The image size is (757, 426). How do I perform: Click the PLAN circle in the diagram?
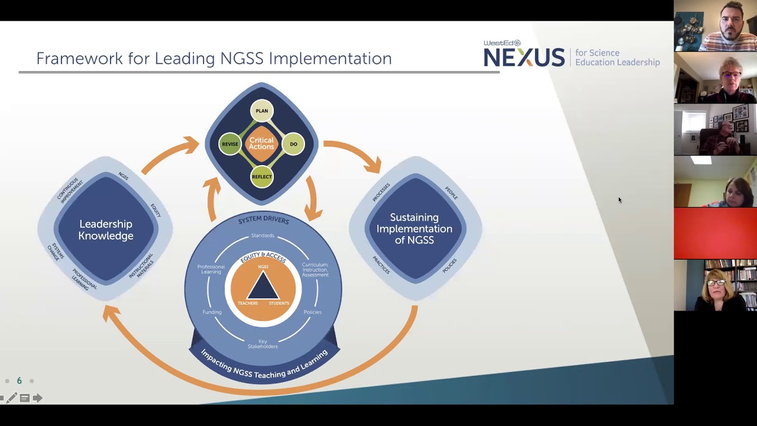[x=262, y=111]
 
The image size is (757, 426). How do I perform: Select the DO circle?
[x=293, y=144]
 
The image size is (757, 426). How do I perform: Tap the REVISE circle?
[x=230, y=144]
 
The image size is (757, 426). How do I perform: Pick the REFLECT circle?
[x=262, y=177]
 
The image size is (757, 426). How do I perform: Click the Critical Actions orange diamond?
[x=261, y=144]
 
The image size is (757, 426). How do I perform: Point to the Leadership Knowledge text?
[x=106, y=230]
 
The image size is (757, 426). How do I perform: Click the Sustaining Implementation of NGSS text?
[x=415, y=228]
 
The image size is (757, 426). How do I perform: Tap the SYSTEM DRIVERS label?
[x=263, y=220]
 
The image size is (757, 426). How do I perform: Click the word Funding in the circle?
[x=212, y=312]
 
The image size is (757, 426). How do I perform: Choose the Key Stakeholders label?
[x=263, y=344]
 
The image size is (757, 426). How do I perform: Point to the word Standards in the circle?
[x=263, y=235]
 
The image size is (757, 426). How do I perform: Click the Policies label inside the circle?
[x=312, y=312]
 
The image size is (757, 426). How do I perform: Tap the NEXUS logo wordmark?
[x=524, y=57]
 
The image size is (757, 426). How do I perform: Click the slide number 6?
[x=19, y=381]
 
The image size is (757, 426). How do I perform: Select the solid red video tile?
[x=715, y=233]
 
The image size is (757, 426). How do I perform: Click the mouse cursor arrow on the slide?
[x=619, y=200]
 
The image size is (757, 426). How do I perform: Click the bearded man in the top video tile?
[x=731, y=26]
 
